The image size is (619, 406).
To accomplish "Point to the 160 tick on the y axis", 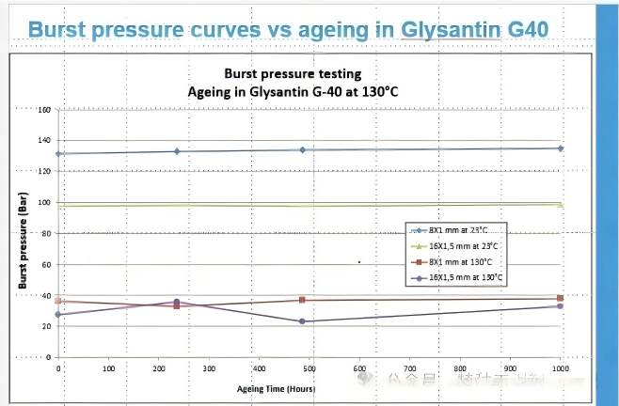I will tap(43, 110).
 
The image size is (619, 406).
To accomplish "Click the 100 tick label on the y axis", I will tap(43, 202).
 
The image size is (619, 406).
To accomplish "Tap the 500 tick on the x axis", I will tap(460, 369).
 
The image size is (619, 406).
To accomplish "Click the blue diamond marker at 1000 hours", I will tap(561, 148).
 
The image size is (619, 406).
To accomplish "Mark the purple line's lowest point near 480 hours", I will tap(302, 321).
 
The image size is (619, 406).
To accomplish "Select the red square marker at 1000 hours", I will tap(561, 299).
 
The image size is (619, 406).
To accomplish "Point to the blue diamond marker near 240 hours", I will tap(177, 151).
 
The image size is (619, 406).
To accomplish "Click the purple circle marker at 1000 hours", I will tap(561, 306).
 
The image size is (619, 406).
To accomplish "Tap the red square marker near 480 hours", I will tap(302, 300).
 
